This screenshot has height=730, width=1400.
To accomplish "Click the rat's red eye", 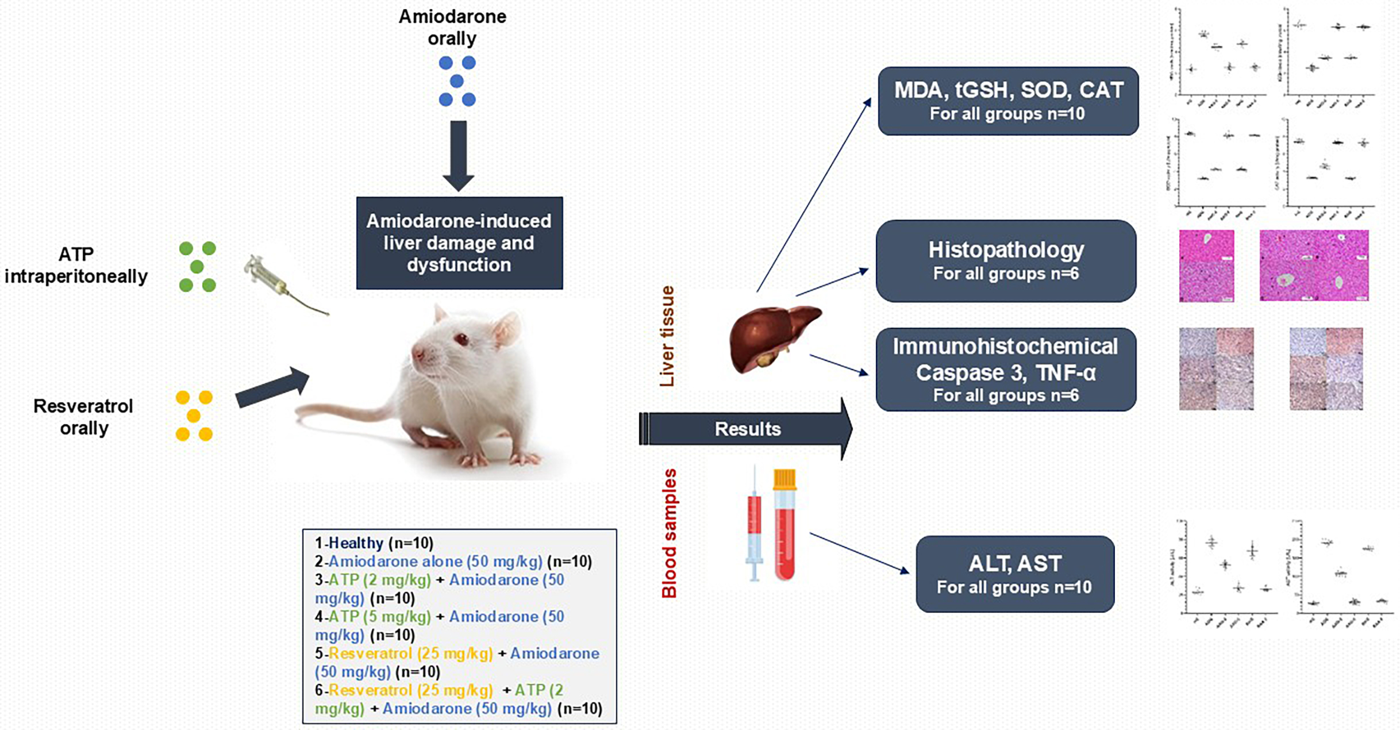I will coord(460,340).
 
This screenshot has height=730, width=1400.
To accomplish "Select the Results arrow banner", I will coord(747,429).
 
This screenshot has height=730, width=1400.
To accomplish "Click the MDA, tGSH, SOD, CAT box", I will coord(1008,101).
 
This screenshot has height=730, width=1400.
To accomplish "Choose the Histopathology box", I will coord(1006,260).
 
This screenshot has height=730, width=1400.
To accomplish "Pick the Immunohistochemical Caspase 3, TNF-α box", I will coord(1006,370).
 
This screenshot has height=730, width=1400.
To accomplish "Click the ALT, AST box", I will coord(1015,574).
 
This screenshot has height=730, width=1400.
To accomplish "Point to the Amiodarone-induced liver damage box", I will coord(459,243).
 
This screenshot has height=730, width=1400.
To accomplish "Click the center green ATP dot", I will coord(197,267).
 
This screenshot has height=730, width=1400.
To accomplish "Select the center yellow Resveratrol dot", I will coord(194,415).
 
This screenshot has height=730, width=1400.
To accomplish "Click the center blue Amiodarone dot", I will coord(457,81).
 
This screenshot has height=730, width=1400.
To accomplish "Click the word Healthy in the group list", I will coord(356,543).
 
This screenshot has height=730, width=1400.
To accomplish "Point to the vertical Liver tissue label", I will coord(667,336).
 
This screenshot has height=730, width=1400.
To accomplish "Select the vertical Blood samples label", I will coord(669,533).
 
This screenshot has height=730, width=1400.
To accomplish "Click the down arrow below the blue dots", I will coord(458,155).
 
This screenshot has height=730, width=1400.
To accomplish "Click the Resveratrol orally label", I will coord(84,417).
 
